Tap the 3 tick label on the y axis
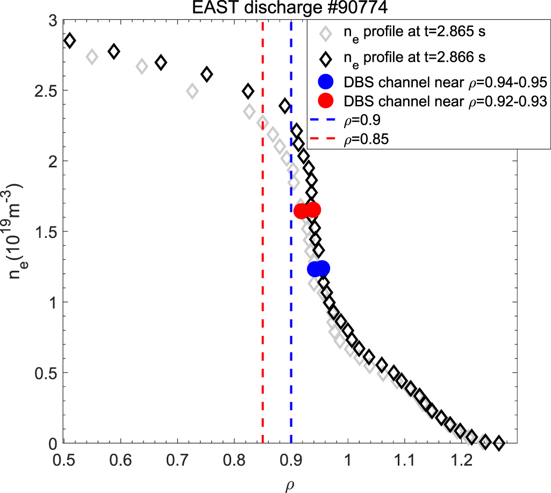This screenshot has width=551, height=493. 52,20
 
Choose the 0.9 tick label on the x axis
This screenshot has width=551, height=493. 291,461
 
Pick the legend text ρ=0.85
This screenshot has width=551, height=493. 366,139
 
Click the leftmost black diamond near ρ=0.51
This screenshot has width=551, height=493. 69,41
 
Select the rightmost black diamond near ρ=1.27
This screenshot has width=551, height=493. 499,443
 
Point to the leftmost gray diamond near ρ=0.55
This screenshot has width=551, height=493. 92,57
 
